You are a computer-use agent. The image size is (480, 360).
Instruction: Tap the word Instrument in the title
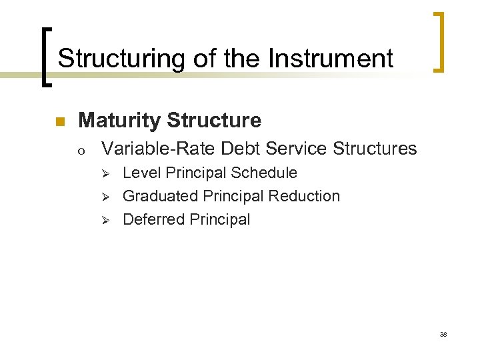331,59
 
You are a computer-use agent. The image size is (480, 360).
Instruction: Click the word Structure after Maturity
215,121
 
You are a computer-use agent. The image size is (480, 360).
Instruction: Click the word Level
142,173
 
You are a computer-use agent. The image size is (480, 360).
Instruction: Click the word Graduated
159,196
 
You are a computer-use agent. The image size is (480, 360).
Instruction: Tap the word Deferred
153,219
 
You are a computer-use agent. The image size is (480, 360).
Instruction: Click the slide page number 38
443,334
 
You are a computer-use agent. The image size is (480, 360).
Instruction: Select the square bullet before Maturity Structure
59,122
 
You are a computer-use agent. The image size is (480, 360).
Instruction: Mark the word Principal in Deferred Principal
220,219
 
